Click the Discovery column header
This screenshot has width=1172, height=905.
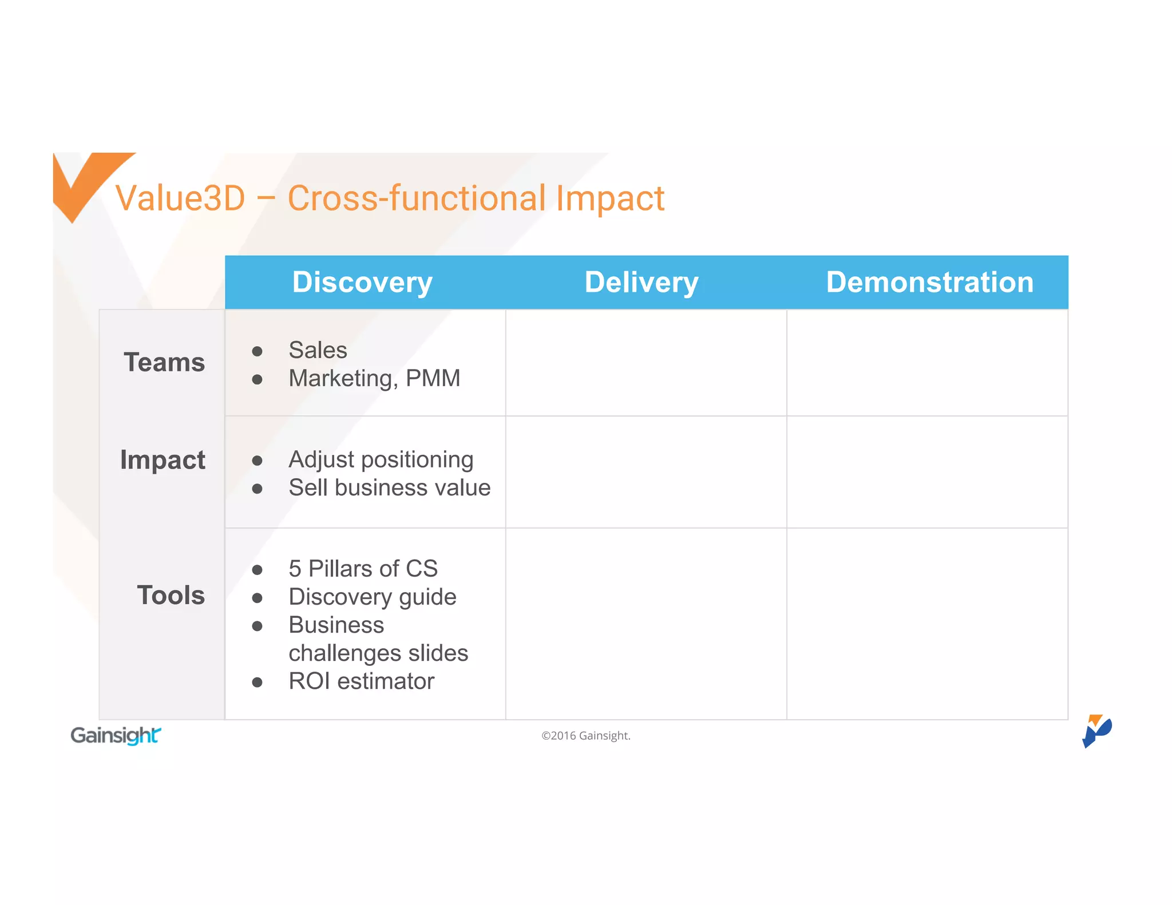362,283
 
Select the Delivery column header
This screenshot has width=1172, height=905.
642,283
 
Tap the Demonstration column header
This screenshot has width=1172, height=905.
929,283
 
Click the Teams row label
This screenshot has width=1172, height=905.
164,363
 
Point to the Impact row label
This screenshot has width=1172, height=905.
163,460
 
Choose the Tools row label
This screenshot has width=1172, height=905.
171,596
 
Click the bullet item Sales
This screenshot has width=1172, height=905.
318,350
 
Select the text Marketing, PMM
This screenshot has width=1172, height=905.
374,378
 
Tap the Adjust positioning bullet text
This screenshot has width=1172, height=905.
381,459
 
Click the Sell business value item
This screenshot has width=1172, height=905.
389,487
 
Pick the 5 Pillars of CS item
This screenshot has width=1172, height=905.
363,569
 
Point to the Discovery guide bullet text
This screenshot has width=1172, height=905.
372,597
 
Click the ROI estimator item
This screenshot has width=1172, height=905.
361,681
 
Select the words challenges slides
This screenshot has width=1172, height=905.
378,653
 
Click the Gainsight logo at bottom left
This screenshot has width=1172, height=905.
116,735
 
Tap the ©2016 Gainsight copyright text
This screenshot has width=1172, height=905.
585,736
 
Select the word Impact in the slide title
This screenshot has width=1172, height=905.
609,199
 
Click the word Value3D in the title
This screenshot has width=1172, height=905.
180,199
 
